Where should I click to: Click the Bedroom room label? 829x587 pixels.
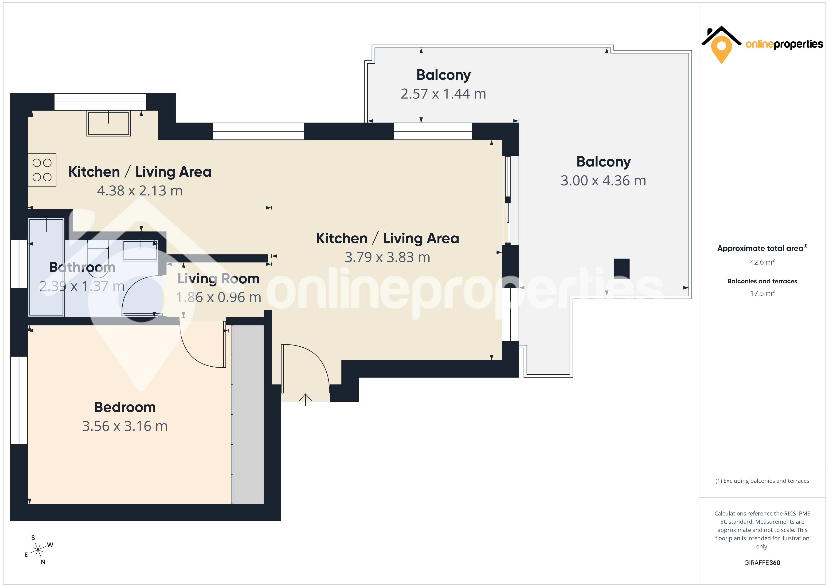point(125,407)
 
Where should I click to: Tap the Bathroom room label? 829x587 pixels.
point(82,267)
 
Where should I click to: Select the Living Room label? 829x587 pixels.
point(219,279)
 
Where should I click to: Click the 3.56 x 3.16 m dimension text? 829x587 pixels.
point(125,426)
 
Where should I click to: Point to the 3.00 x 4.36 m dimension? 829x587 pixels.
point(603,181)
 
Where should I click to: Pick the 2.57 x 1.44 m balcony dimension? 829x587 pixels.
point(443,94)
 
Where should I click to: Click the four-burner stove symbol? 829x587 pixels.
point(42,170)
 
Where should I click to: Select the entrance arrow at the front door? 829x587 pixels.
point(305,399)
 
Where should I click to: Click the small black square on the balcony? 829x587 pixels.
point(622,269)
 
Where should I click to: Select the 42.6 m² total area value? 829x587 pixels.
point(762,262)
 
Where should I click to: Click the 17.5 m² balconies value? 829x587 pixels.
point(762,293)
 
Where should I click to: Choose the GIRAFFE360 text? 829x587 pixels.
point(762,563)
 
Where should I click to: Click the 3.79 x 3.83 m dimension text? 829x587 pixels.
point(387,257)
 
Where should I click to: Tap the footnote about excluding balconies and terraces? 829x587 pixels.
point(762,481)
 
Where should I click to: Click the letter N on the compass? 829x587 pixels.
point(43,562)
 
